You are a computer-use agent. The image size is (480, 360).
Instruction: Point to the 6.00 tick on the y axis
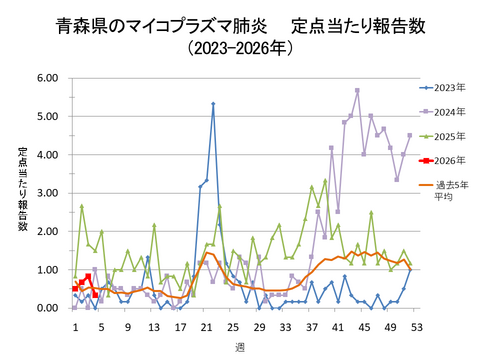click(47, 77)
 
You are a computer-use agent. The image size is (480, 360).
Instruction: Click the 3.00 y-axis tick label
click(47, 193)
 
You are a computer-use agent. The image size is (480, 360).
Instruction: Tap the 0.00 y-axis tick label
click(47, 308)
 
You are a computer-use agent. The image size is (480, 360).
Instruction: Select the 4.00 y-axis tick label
click(47, 154)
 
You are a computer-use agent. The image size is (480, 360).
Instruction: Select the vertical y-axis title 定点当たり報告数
click(22, 190)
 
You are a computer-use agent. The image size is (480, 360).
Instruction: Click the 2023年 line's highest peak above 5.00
click(213, 103)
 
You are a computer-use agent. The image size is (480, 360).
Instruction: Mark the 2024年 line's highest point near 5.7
click(357, 90)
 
